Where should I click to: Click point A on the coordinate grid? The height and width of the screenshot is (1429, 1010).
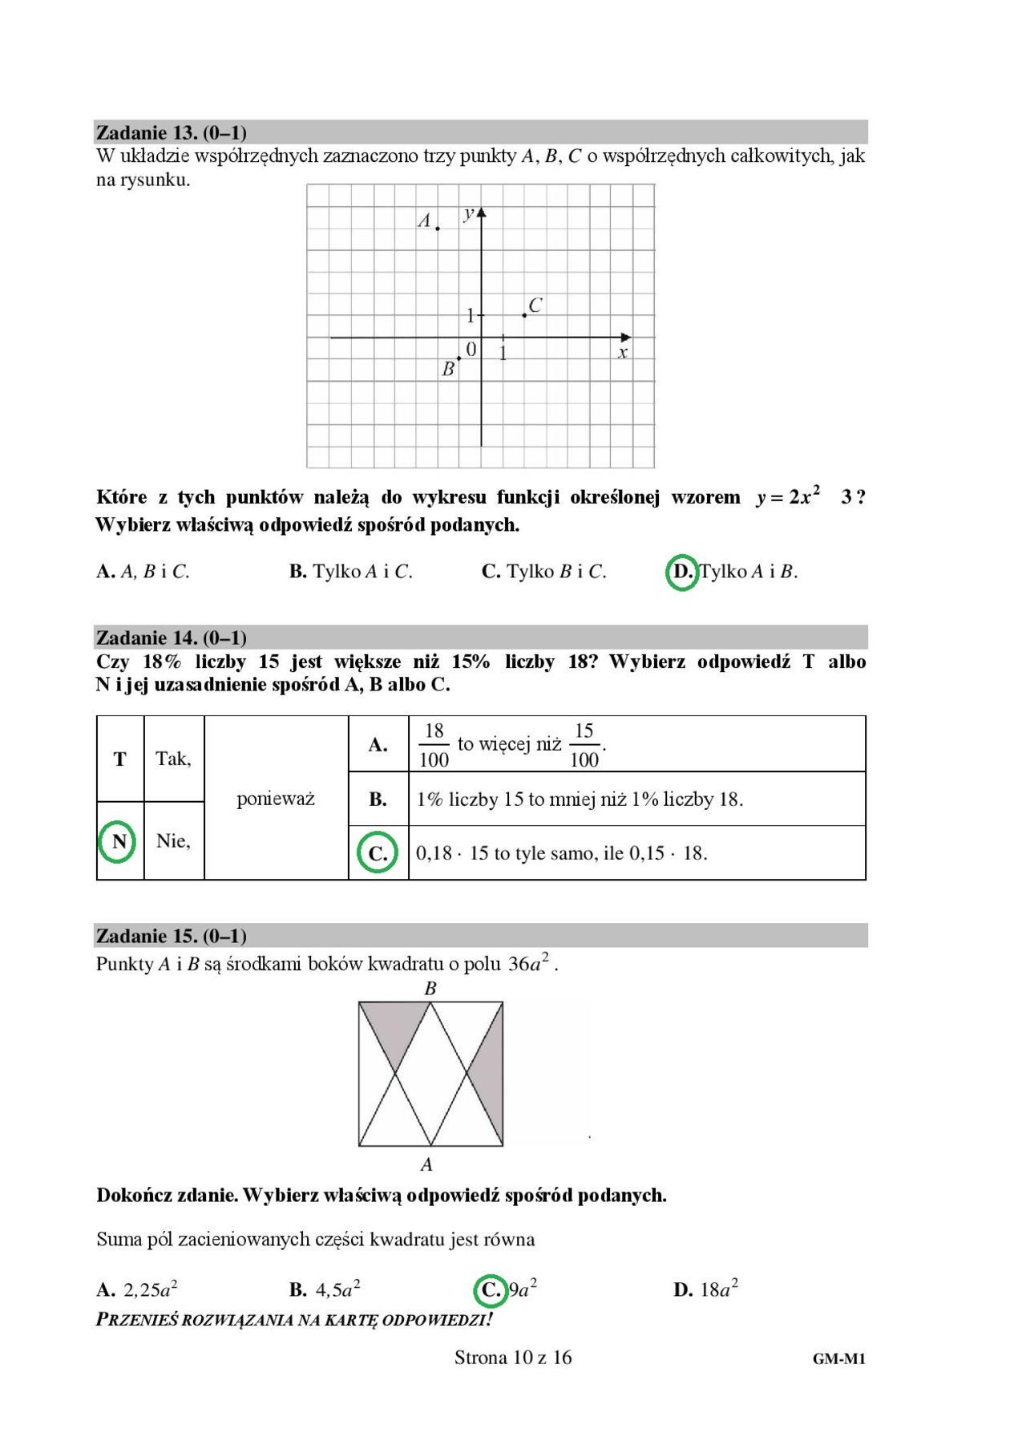tap(438, 229)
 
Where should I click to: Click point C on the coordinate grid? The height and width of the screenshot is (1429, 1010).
tap(524, 315)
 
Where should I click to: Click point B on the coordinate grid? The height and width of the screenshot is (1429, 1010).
tap(459, 358)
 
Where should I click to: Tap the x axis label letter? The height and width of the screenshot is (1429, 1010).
tap(622, 353)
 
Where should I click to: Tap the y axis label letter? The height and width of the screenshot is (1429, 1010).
tap(469, 213)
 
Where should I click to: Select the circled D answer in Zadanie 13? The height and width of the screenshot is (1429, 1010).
tap(682, 572)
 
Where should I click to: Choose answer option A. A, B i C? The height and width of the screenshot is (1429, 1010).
tap(143, 572)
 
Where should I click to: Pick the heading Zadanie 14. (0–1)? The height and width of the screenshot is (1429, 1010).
tap(171, 638)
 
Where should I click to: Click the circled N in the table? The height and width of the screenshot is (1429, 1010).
tap(119, 841)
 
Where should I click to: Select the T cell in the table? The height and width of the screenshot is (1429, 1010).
tap(119, 759)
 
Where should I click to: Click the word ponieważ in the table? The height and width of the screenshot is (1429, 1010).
tap(276, 799)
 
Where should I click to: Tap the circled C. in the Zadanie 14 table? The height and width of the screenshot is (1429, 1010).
tap(378, 853)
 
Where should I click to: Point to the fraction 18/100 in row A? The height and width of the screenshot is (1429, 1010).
tap(434, 745)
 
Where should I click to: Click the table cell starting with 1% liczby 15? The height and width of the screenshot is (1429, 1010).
tap(580, 800)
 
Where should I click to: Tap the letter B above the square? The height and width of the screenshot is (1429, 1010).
tap(430, 989)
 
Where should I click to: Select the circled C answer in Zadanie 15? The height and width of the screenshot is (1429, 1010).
tap(490, 1289)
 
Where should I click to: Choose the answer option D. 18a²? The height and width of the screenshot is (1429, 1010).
tap(705, 1289)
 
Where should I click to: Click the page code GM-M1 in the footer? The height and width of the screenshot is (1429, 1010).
tap(838, 1358)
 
